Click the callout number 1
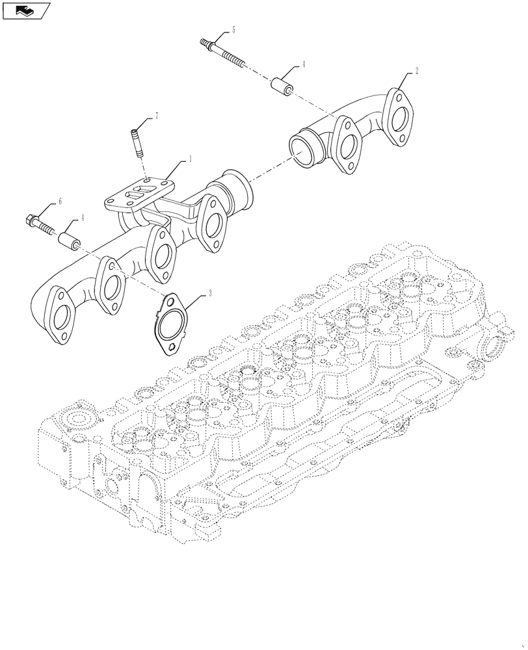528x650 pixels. [x=190, y=159]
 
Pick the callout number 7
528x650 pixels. [x=156, y=116]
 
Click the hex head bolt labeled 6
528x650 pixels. [x=40, y=224]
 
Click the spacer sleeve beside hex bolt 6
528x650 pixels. [x=70, y=239]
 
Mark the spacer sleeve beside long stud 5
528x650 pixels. [x=280, y=85]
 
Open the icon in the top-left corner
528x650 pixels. [x=26, y=10]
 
